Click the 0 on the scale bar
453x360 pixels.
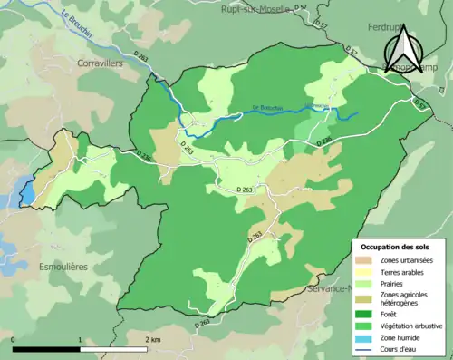pyautogui.click(x=13, y=339)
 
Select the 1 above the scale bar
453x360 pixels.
pyautogui.click(x=81, y=339)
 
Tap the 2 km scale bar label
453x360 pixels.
pyautogui.click(x=152, y=339)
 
